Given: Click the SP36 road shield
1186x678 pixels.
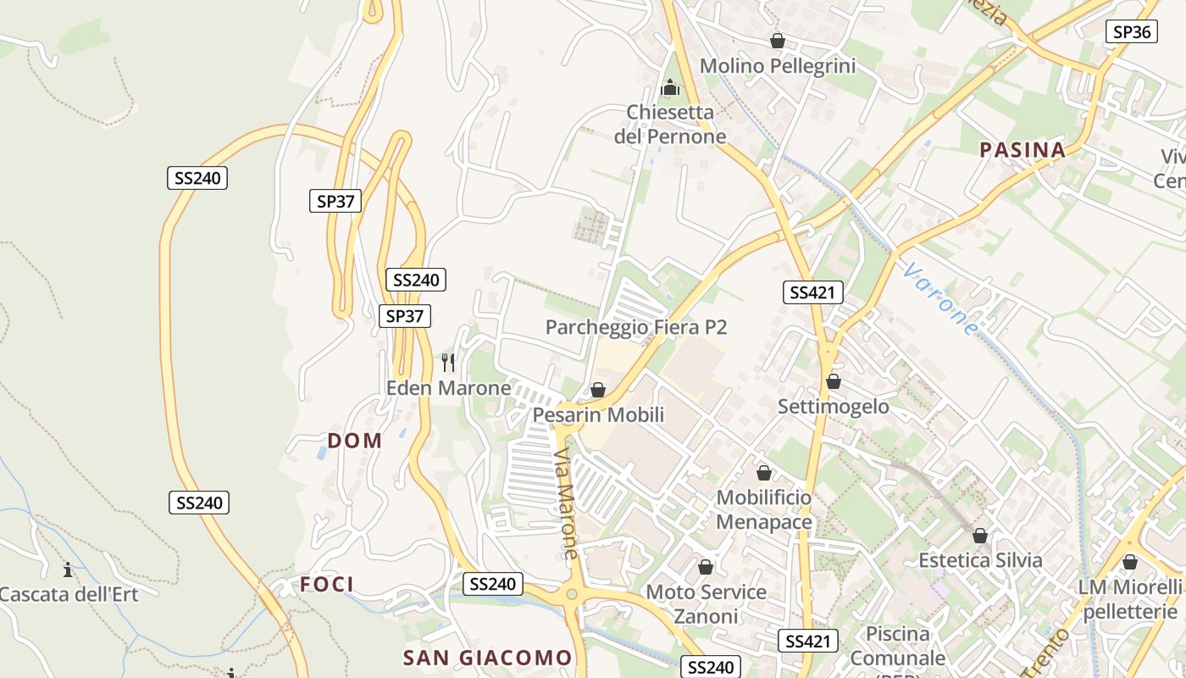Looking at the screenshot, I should [1132, 32].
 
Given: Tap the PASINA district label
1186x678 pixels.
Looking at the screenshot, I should [1022, 150].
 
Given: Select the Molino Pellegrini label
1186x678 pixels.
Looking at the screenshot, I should [777, 66].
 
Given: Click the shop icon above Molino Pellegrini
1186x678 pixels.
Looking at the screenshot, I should [777, 41].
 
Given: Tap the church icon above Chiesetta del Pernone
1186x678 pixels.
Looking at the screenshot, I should [670, 87].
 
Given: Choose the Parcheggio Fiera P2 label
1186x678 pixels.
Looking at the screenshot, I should [636, 327].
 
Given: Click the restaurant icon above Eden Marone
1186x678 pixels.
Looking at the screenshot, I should [448, 363].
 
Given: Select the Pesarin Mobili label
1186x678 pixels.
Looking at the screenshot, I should [598, 414].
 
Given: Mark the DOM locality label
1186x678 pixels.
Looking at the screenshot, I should [354, 440].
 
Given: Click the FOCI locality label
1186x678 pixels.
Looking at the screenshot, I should [326, 584].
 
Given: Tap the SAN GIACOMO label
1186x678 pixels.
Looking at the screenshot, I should [487, 658].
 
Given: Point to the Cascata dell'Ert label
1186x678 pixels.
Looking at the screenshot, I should [68, 593].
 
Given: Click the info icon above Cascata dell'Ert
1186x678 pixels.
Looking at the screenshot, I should [68, 570].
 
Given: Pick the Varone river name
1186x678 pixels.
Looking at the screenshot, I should [940, 299].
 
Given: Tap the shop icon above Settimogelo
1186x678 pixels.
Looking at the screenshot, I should [834, 381].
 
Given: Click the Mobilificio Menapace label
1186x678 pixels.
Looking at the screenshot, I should [764, 509].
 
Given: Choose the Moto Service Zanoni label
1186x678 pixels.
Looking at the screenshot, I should [706, 603].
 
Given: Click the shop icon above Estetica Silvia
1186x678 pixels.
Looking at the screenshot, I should [980, 536].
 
